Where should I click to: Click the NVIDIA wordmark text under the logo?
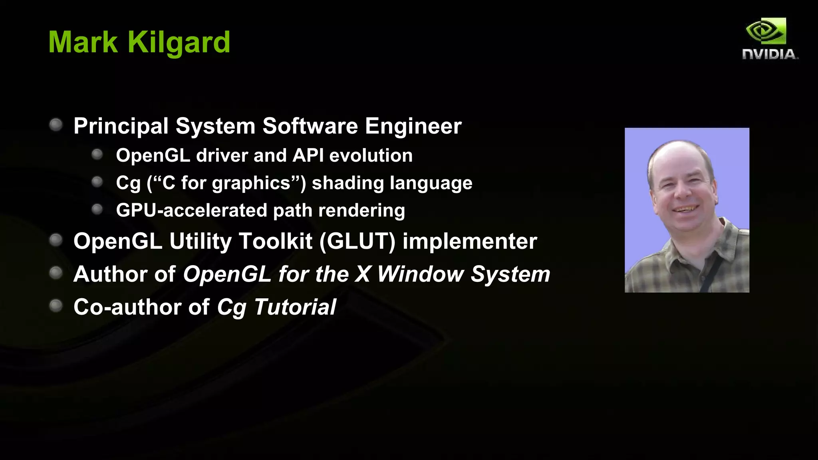[x=769, y=54]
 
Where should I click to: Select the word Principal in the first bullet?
[x=121, y=126]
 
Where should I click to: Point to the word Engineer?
[x=413, y=126]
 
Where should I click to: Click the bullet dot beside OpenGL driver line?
[x=97, y=155]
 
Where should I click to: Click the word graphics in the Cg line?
[x=251, y=183]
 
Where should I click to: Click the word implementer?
[x=470, y=241]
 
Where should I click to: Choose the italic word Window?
[x=420, y=274]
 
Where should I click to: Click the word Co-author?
[x=127, y=307]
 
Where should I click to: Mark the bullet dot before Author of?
[x=56, y=273]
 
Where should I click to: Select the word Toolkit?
[x=275, y=241]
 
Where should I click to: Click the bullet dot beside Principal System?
[x=56, y=125]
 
